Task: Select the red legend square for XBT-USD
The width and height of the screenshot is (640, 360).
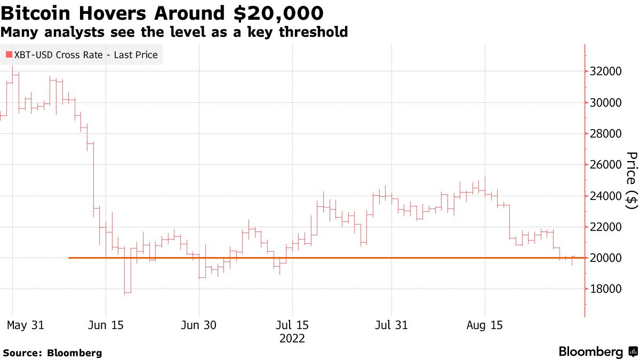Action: (9, 54)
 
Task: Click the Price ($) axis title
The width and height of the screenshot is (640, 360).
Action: (631, 180)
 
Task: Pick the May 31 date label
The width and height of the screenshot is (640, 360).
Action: (26, 325)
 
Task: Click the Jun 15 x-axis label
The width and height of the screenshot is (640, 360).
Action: (106, 325)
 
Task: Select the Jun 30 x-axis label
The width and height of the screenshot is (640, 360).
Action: (199, 325)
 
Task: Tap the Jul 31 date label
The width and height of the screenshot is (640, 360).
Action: (391, 325)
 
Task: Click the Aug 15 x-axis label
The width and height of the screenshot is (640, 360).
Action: (485, 325)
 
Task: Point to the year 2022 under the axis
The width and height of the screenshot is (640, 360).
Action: (292, 339)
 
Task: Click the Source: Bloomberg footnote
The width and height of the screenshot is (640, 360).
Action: (52, 353)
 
